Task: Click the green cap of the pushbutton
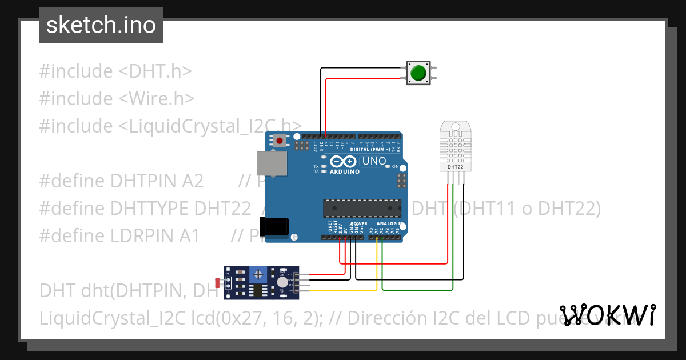[418, 73]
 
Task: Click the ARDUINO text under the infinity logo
[345, 171]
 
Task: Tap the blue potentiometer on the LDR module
[258, 275]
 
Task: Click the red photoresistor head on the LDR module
[217, 282]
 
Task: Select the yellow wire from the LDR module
[343, 291]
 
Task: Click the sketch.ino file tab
[101, 25]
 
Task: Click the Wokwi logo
[608, 315]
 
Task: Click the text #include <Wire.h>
[117, 98]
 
